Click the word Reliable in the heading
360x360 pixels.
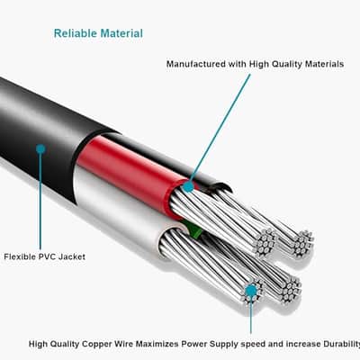[x=76, y=33]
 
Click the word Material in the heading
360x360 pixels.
[x=121, y=33]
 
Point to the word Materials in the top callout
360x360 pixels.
[x=324, y=64]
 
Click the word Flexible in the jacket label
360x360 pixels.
[x=20, y=256]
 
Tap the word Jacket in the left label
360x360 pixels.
[x=72, y=256]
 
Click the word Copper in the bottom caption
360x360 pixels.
[x=96, y=344]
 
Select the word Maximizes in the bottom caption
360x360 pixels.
[x=157, y=344]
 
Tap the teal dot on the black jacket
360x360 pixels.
[x=40, y=148]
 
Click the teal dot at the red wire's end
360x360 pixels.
[x=188, y=186]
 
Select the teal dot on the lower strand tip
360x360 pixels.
[x=251, y=291]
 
